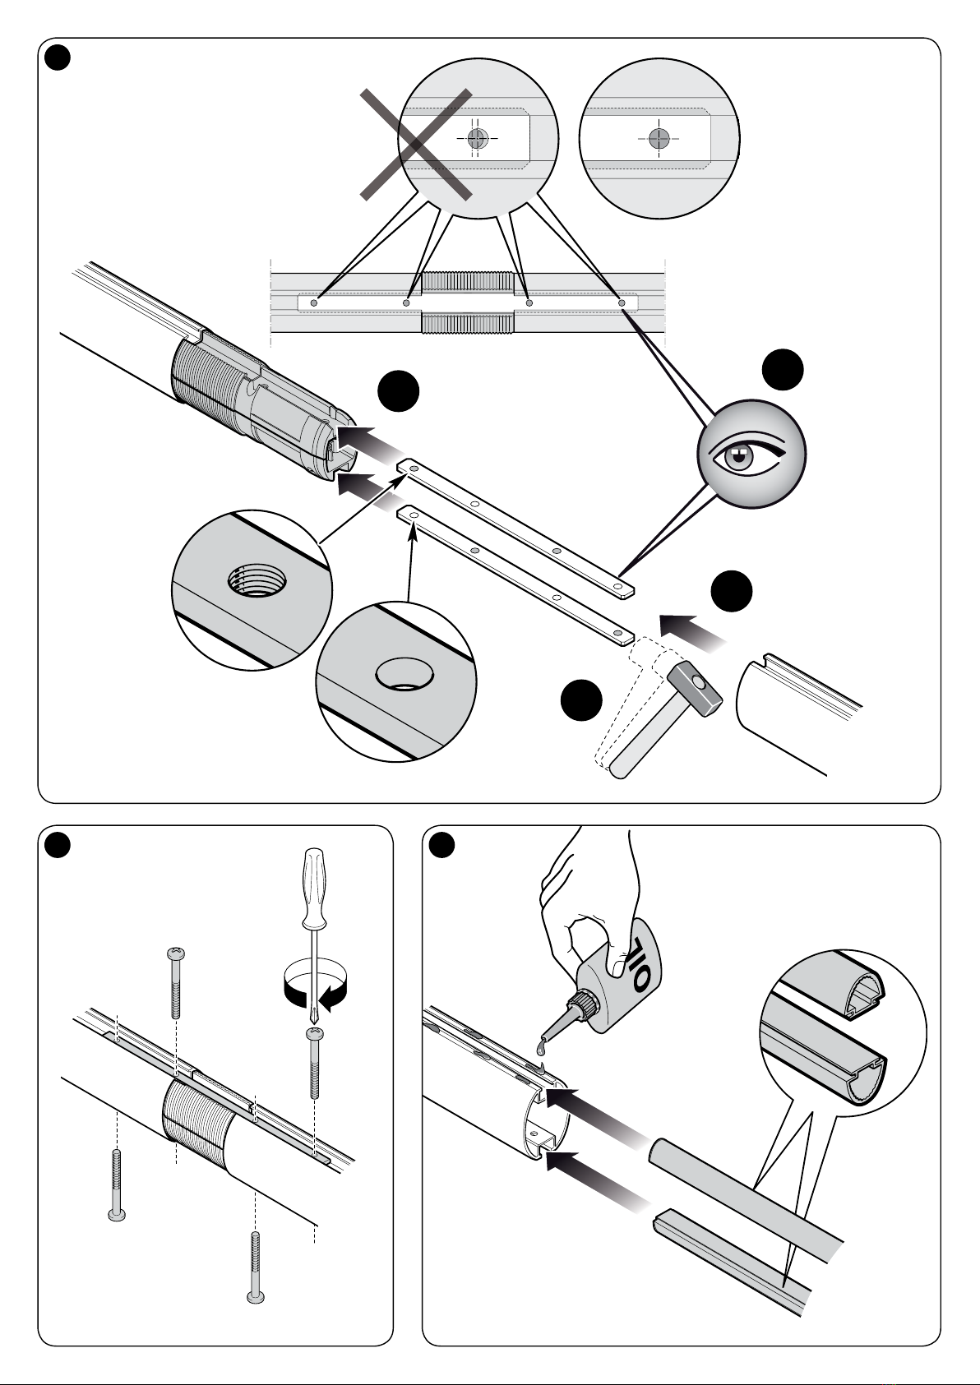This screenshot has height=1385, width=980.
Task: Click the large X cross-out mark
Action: tap(416, 145)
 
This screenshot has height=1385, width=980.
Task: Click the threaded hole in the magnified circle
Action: tap(257, 579)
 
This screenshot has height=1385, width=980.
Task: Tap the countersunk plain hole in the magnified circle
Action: tap(404, 674)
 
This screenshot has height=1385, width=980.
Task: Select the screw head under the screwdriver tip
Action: tap(315, 1032)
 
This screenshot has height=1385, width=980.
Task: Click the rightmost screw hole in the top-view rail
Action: tap(622, 303)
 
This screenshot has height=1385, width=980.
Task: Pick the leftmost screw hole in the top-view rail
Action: tap(314, 303)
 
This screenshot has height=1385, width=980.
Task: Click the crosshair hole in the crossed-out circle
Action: tap(478, 138)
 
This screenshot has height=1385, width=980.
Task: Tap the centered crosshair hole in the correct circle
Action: tap(659, 138)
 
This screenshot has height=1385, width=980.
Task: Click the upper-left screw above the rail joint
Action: tap(176, 982)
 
